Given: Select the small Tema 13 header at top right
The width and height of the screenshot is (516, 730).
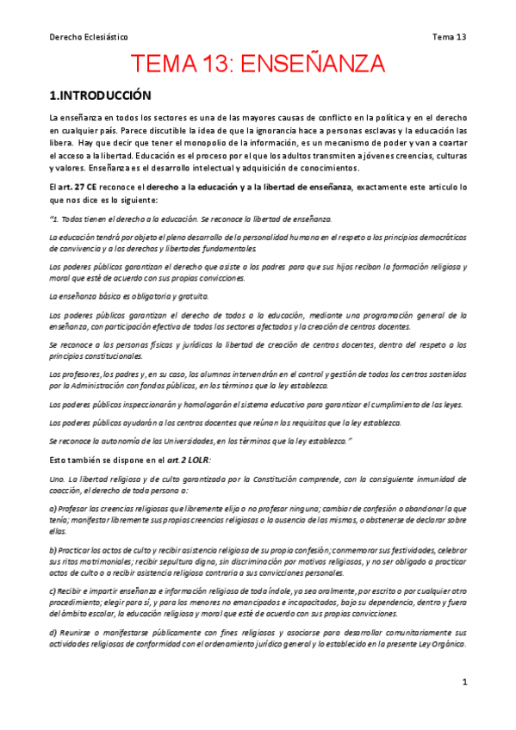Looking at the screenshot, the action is coord(449,37).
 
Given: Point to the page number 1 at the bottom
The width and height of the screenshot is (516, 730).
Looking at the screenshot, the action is coord(464,682).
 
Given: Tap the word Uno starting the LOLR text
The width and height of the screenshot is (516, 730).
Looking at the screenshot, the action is coord(57,478).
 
